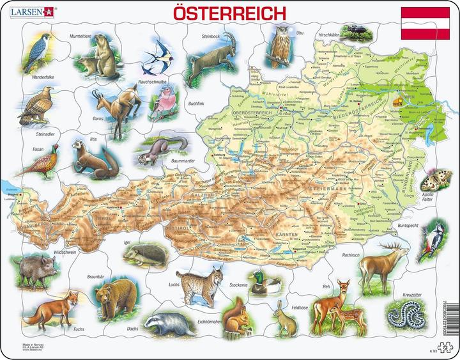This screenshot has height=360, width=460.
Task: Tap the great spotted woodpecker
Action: pyautogui.click(x=436, y=240)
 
